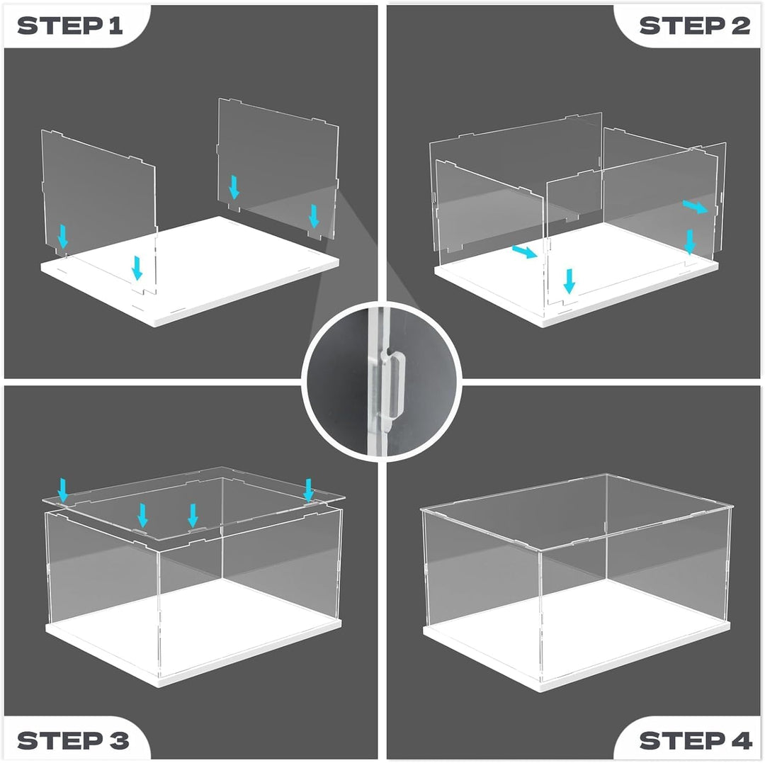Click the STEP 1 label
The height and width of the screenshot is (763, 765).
click(69, 26)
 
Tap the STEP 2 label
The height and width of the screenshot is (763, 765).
click(695, 26)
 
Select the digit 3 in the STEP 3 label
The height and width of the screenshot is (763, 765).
click(119, 740)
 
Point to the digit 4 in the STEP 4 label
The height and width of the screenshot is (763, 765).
click(741, 740)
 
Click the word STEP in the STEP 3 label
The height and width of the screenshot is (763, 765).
click(60, 740)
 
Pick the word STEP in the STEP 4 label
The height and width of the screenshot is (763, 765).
click(683, 740)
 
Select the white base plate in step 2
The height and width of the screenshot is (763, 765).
click(576, 276)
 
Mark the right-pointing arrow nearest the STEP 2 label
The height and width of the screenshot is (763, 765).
click(695, 207)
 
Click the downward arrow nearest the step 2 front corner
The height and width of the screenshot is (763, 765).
click(569, 281)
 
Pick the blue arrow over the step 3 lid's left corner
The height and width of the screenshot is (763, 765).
click(63, 490)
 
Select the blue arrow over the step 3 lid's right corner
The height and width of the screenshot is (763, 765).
click(308, 490)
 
